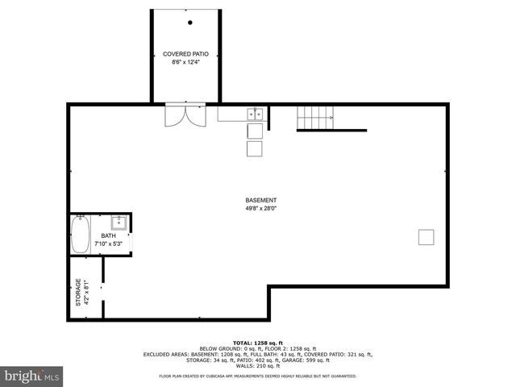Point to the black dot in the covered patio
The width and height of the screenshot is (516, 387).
click(x=190, y=22)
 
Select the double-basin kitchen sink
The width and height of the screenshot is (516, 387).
click(x=254, y=114)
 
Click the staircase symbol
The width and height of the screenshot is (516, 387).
click(x=315, y=118)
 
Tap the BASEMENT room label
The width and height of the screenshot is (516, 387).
click(x=261, y=200)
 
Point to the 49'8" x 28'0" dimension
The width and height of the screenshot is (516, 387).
click(x=261, y=208)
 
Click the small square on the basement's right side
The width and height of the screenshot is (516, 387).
click(x=426, y=236)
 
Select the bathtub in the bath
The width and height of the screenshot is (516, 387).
click(x=81, y=235)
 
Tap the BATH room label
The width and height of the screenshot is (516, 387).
click(x=108, y=235)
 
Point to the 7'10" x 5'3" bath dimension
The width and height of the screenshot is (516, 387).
click(x=108, y=243)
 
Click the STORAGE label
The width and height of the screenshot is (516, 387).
click(x=78, y=291)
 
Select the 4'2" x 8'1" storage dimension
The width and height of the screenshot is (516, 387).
click(x=86, y=291)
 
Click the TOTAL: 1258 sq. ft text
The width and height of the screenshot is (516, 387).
click(x=257, y=341)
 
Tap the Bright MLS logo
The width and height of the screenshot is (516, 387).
click(x=32, y=376)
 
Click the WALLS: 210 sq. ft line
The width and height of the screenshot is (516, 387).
click(x=257, y=366)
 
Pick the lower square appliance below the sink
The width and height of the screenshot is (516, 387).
click(x=255, y=149)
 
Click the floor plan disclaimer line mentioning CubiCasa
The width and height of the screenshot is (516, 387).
click(x=257, y=376)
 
